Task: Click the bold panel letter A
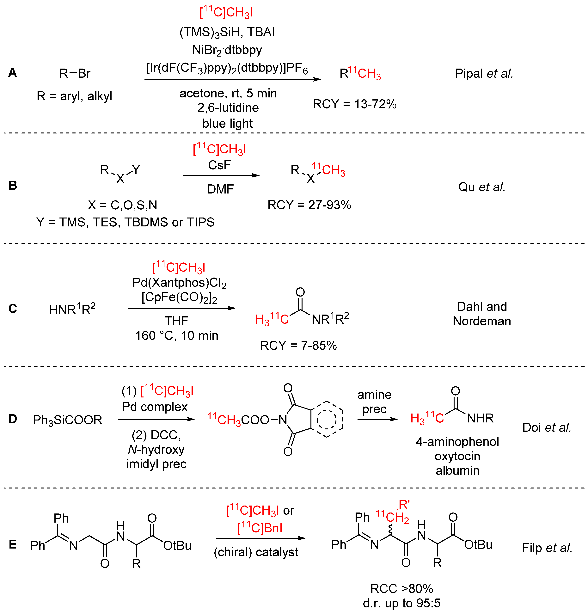pyautogui.click(x=13, y=72)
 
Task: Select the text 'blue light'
pyautogui.click(x=227, y=123)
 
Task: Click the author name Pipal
pyautogui.click(x=469, y=74)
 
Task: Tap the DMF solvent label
pyautogui.click(x=220, y=189)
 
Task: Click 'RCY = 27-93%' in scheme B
pyautogui.click(x=309, y=205)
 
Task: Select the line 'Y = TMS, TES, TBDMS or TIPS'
pyautogui.click(x=125, y=222)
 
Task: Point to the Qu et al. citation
pyautogui.click(x=481, y=187)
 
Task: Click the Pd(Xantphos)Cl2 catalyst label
pyautogui.click(x=179, y=283)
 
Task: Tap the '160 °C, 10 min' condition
pyautogui.click(x=177, y=335)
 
